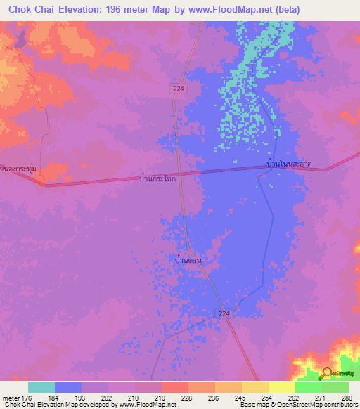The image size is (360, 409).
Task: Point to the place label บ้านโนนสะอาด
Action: tap(289, 164)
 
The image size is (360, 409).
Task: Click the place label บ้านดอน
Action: tap(188, 260)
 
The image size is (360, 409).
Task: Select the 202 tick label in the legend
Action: tap(108, 398)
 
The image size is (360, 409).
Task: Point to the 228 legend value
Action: tap(188, 398)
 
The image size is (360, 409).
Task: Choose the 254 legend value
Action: tap(268, 398)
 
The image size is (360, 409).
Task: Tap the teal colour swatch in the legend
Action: tap(41, 387)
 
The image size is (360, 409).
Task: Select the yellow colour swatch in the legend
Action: tap(281, 387)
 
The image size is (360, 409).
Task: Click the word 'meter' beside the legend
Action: tap(11, 398)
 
